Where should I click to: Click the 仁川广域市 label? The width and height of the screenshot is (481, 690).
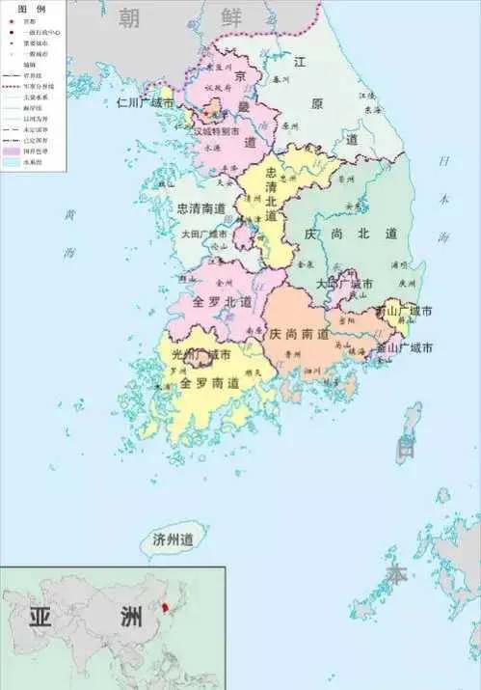point(145,101)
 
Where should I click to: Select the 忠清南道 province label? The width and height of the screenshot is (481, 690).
point(201,208)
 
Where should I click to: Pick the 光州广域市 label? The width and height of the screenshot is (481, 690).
point(201,355)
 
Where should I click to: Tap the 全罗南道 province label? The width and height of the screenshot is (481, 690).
point(209,382)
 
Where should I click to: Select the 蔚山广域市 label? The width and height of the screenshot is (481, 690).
point(404,312)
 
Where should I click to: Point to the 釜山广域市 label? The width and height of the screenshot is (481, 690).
point(404,346)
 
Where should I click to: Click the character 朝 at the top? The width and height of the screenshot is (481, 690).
point(128,16)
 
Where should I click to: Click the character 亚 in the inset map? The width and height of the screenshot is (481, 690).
point(40,618)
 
